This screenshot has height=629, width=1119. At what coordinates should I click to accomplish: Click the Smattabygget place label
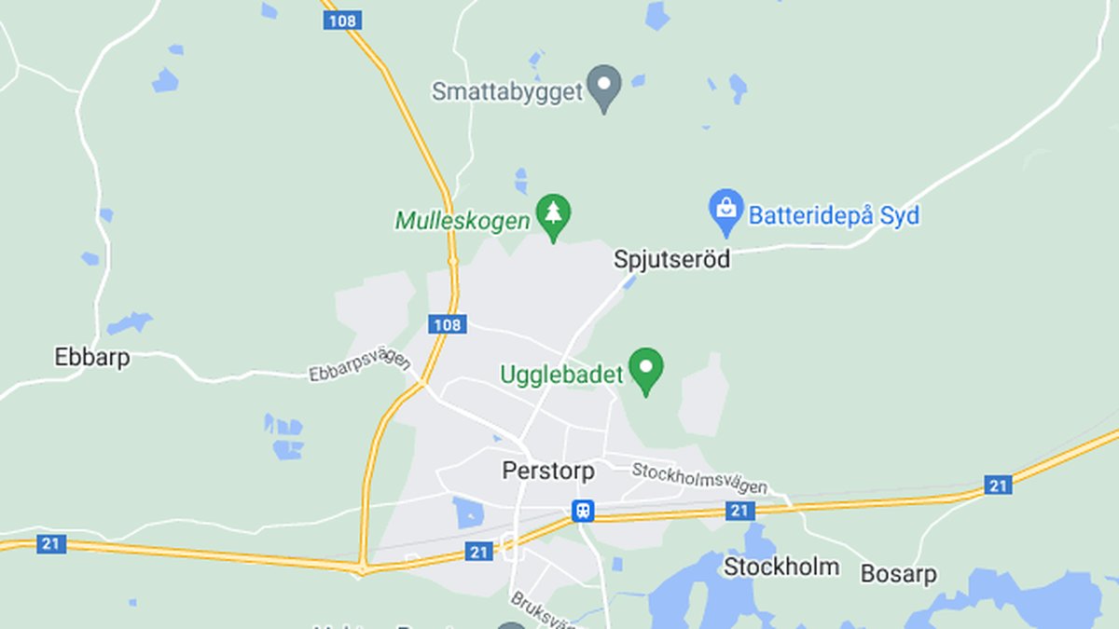point(507,91)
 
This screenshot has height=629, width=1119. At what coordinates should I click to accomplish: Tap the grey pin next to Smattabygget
point(604,86)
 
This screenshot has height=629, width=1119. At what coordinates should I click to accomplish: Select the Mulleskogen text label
point(463,221)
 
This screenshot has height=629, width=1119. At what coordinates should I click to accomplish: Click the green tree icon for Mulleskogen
point(554,215)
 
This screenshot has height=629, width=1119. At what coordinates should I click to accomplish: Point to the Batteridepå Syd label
point(833,216)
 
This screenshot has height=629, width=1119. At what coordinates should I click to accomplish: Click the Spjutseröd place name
point(671,259)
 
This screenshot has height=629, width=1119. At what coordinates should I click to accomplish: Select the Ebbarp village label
point(92,357)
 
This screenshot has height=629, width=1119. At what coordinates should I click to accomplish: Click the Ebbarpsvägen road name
point(359,364)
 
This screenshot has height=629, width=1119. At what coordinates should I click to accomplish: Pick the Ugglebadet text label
point(561,375)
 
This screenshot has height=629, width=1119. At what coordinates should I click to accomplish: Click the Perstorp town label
point(548,471)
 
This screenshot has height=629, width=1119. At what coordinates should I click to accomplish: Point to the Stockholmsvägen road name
point(699,478)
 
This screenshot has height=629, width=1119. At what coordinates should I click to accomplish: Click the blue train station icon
point(584,510)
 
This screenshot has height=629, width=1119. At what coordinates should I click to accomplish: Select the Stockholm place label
point(781,567)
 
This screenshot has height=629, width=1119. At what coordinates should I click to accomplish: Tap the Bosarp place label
point(898,573)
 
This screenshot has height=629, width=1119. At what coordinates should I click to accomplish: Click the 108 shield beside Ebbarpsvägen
point(448,324)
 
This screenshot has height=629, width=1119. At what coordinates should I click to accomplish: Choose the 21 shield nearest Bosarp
point(998,485)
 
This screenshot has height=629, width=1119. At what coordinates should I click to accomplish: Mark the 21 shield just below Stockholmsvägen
point(739,510)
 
